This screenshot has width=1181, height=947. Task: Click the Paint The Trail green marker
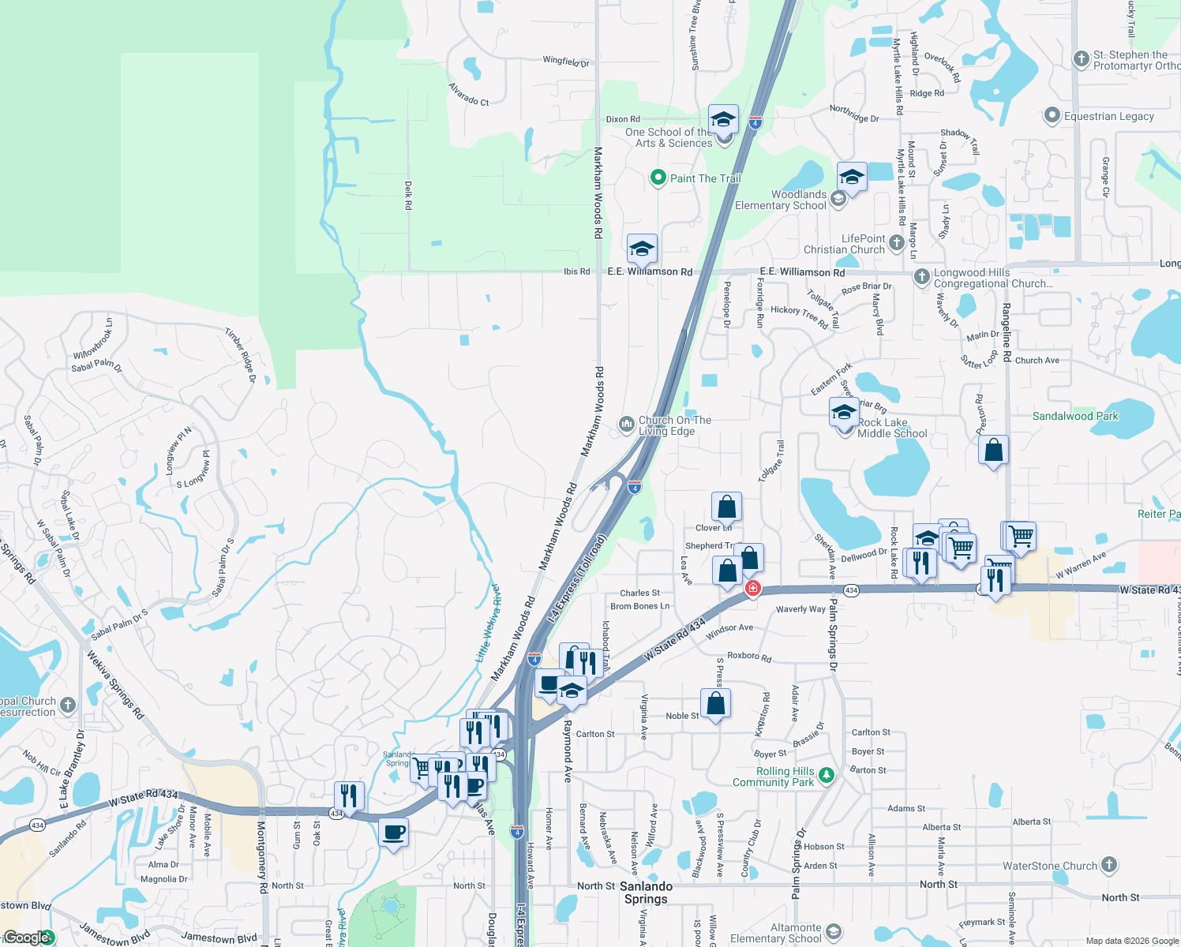(658, 178)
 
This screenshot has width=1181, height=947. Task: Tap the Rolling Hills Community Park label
(773, 777)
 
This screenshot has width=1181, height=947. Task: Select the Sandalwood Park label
(1075, 416)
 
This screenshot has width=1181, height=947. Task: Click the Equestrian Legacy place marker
(1052, 116)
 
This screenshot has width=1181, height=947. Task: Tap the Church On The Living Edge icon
(627, 425)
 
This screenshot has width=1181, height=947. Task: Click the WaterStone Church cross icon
(1108, 865)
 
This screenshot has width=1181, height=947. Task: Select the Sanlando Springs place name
(646, 893)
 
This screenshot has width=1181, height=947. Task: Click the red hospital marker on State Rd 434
(753, 588)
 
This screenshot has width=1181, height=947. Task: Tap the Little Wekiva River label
(487, 623)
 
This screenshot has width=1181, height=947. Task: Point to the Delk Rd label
(408, 195)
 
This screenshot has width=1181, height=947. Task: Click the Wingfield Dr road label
(566, 61)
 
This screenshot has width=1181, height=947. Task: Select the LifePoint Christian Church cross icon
(896, 243)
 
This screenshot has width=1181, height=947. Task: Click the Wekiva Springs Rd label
(115, 684)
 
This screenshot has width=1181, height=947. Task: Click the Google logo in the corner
(28, 938)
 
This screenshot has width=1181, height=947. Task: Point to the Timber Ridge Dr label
(241, 355)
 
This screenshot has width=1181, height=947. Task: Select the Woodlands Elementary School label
(798, 200)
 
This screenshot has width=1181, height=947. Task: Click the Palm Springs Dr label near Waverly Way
(832, 636)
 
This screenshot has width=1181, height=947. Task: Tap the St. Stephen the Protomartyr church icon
(1082, 58)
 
